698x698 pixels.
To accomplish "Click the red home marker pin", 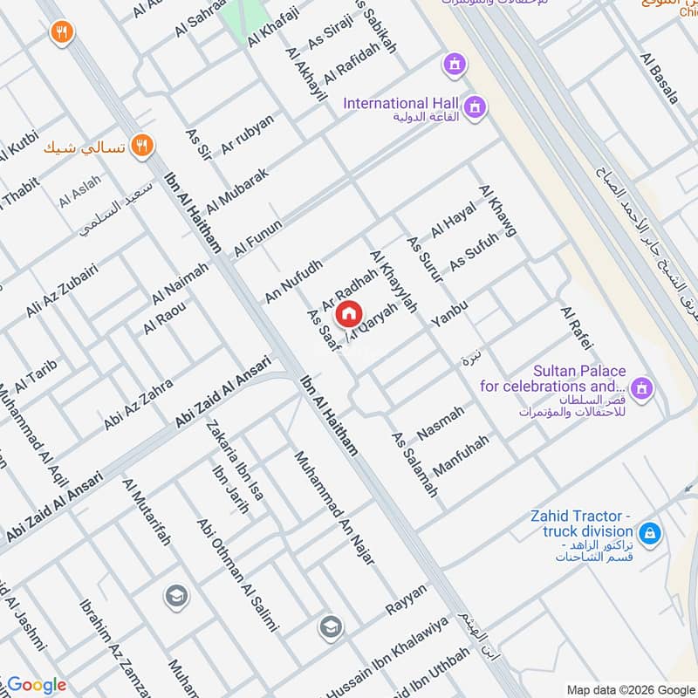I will click(x=348, y=312).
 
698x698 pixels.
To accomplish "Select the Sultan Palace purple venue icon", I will click(x=642, y=387).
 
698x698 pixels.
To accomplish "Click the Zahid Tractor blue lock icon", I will click(x=649, y=531).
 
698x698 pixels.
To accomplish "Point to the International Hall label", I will click(x=400, y=104).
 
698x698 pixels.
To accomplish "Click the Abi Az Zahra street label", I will click(x=138, y=404).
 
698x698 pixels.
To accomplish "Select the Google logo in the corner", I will click(x=37, y=685).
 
